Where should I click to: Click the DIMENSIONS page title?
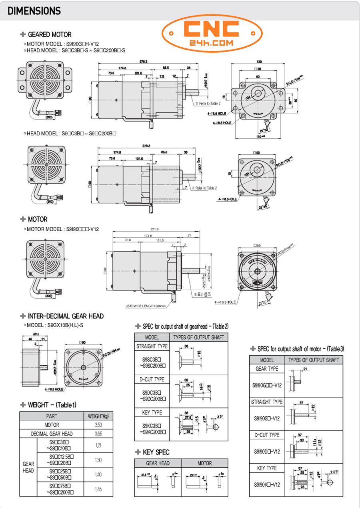pos(34,11)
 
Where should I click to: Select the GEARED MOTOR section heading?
pos(49,35)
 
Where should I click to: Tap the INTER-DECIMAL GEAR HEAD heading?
pos(66,316)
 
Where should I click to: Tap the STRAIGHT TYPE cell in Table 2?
pos(152,346)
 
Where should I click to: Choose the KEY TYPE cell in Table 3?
pos(266,468)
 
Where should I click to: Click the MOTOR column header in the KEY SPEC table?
pos(204,463)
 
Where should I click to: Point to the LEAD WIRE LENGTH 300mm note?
pos(145,306)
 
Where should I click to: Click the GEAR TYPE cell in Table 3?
pos(266,368)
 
